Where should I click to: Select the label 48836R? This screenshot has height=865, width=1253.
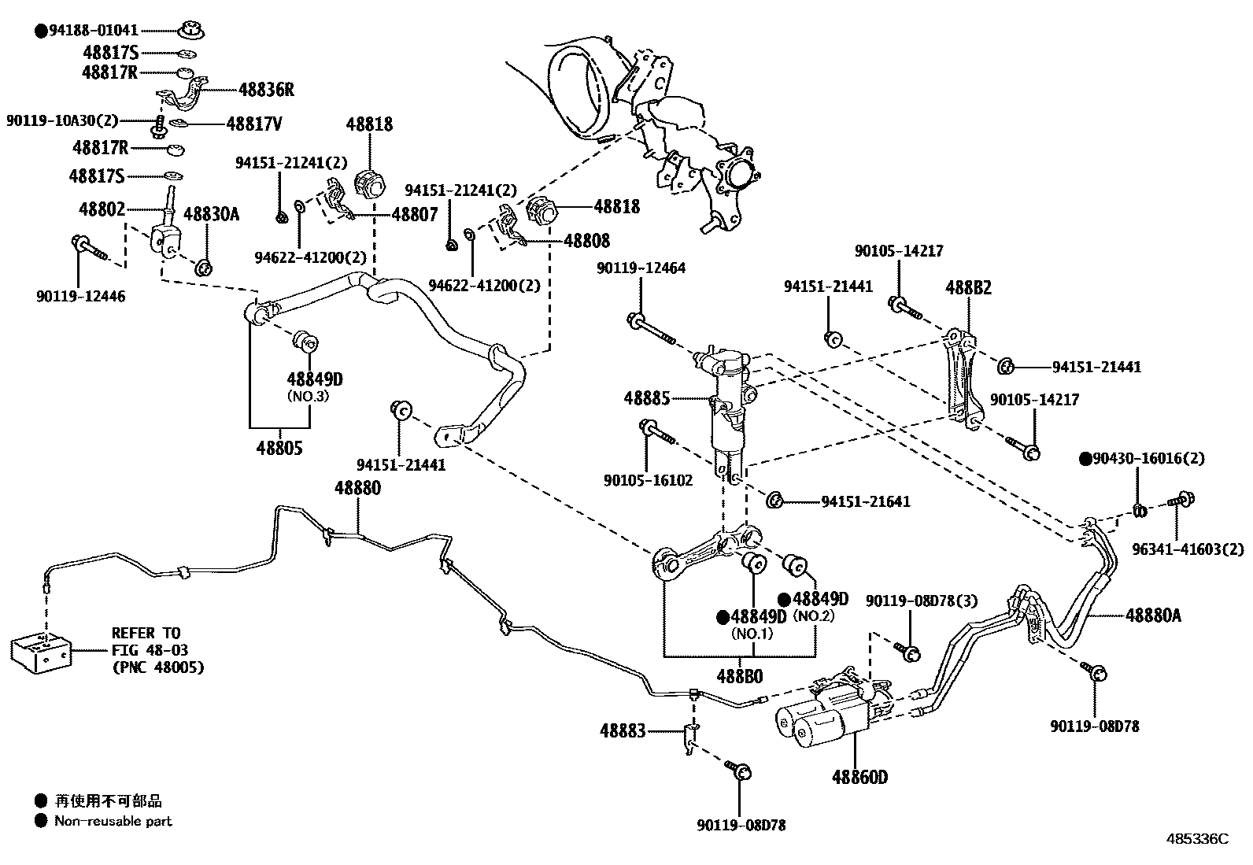[266, 90]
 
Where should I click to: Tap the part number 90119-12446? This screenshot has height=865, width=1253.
[80, 296]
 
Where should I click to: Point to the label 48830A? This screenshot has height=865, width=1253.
[211, 213]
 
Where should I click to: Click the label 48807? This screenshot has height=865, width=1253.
[415, 214]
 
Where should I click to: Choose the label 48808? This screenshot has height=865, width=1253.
[586, 241]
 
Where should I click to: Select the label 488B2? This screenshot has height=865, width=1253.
[968, 288]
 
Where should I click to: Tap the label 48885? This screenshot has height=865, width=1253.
[647, 398]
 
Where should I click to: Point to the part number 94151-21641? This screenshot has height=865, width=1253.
[866, 501]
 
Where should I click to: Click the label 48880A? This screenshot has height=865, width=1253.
[1153, 615]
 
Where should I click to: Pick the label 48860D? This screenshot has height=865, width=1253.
[859, 777]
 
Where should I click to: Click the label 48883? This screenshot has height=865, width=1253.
[623, 731]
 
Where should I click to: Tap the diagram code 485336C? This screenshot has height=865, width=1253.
[1197, 839]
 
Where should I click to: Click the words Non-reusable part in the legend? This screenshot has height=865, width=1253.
[113, 821]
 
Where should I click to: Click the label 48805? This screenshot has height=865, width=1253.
[279, 449]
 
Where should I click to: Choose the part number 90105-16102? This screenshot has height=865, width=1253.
[649, 479]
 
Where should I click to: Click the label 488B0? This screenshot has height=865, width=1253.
[739, 675]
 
